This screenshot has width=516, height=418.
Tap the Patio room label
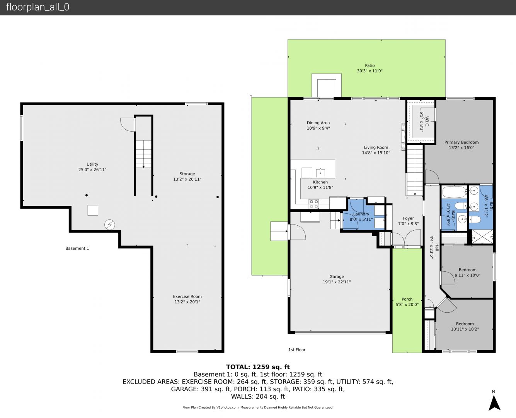pos(370,65)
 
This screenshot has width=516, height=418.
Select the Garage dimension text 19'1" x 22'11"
pos(337,282)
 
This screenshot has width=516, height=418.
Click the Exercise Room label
pos(187,296)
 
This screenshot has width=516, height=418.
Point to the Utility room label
pos(92,164)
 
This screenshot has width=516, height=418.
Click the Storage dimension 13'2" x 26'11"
pos(187,179)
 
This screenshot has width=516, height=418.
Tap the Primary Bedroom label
pos(462,142)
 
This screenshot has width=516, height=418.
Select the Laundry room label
pos(361,214)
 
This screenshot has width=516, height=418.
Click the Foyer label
pos(409,218)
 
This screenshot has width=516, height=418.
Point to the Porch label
pos(407,299)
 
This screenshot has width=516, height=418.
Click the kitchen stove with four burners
pos(314,204)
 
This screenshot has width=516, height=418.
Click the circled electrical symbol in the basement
pos(110,224)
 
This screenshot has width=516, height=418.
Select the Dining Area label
pos(318,123)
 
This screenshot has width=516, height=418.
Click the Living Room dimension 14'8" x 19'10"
pos(376,153)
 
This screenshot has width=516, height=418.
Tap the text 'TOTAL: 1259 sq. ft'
pos(258,367)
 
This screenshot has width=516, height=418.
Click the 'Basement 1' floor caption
pos(77,248)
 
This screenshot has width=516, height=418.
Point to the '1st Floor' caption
pos(297,349)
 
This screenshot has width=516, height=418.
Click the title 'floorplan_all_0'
pos(38,7)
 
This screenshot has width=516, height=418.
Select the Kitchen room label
pos(320,182)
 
